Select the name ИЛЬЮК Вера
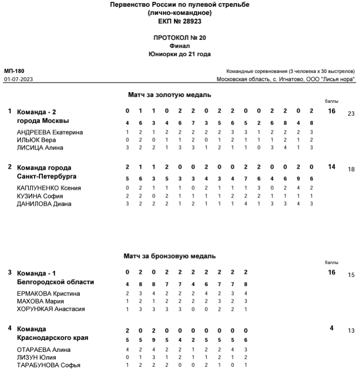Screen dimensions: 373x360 (36, 140)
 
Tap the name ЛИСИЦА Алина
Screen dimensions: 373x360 (40, 148)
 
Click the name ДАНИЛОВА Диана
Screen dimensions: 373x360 (44, 204)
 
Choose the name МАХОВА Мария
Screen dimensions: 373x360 (40, 301)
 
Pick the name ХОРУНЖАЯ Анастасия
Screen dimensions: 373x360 (51, 309)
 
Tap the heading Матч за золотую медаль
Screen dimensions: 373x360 (169, 95)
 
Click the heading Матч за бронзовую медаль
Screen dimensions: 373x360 (169, 256)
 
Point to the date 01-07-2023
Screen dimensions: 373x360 (18, 79)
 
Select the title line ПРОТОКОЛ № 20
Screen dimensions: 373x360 (180, 37)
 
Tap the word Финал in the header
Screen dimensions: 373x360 (180, 46)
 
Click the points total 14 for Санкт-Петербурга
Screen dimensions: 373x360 (332, 167)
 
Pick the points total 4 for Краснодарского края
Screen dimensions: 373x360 (332, 328)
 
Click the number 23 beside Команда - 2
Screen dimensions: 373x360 (351, 114)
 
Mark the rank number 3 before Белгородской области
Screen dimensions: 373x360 (10, 272)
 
